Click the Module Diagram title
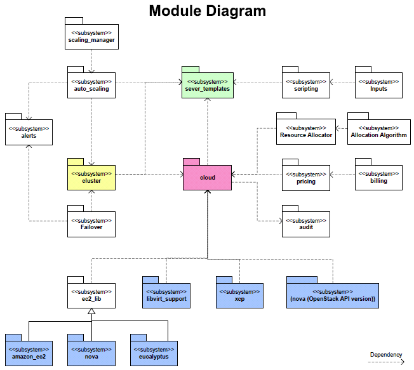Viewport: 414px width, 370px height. tap(207, 11)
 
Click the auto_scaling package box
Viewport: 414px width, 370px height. tap(91, 85)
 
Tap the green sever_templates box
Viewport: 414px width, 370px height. tap(207, 85)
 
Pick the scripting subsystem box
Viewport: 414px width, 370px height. tap(306, 85)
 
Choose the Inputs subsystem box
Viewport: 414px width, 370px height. tap(378, 85)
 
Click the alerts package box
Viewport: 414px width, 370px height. tap(29, 132)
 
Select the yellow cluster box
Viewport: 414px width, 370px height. tap(91, 177)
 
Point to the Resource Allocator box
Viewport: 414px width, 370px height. tap(306, 131)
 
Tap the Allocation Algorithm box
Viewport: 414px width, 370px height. tap(378, 131)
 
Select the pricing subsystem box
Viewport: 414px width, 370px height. tap(306, 178)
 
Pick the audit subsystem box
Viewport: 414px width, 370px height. tap(306, 224)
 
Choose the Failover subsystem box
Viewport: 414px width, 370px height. tap(91, 224)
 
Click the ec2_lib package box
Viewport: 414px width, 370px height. tap(91, 295)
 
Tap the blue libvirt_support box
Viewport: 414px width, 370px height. tap(166, 295)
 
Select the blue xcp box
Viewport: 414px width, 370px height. tap(239, 295)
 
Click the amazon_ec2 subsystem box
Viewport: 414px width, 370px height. tap(29, 353)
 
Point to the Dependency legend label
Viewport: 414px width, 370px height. tap(386, 354)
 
